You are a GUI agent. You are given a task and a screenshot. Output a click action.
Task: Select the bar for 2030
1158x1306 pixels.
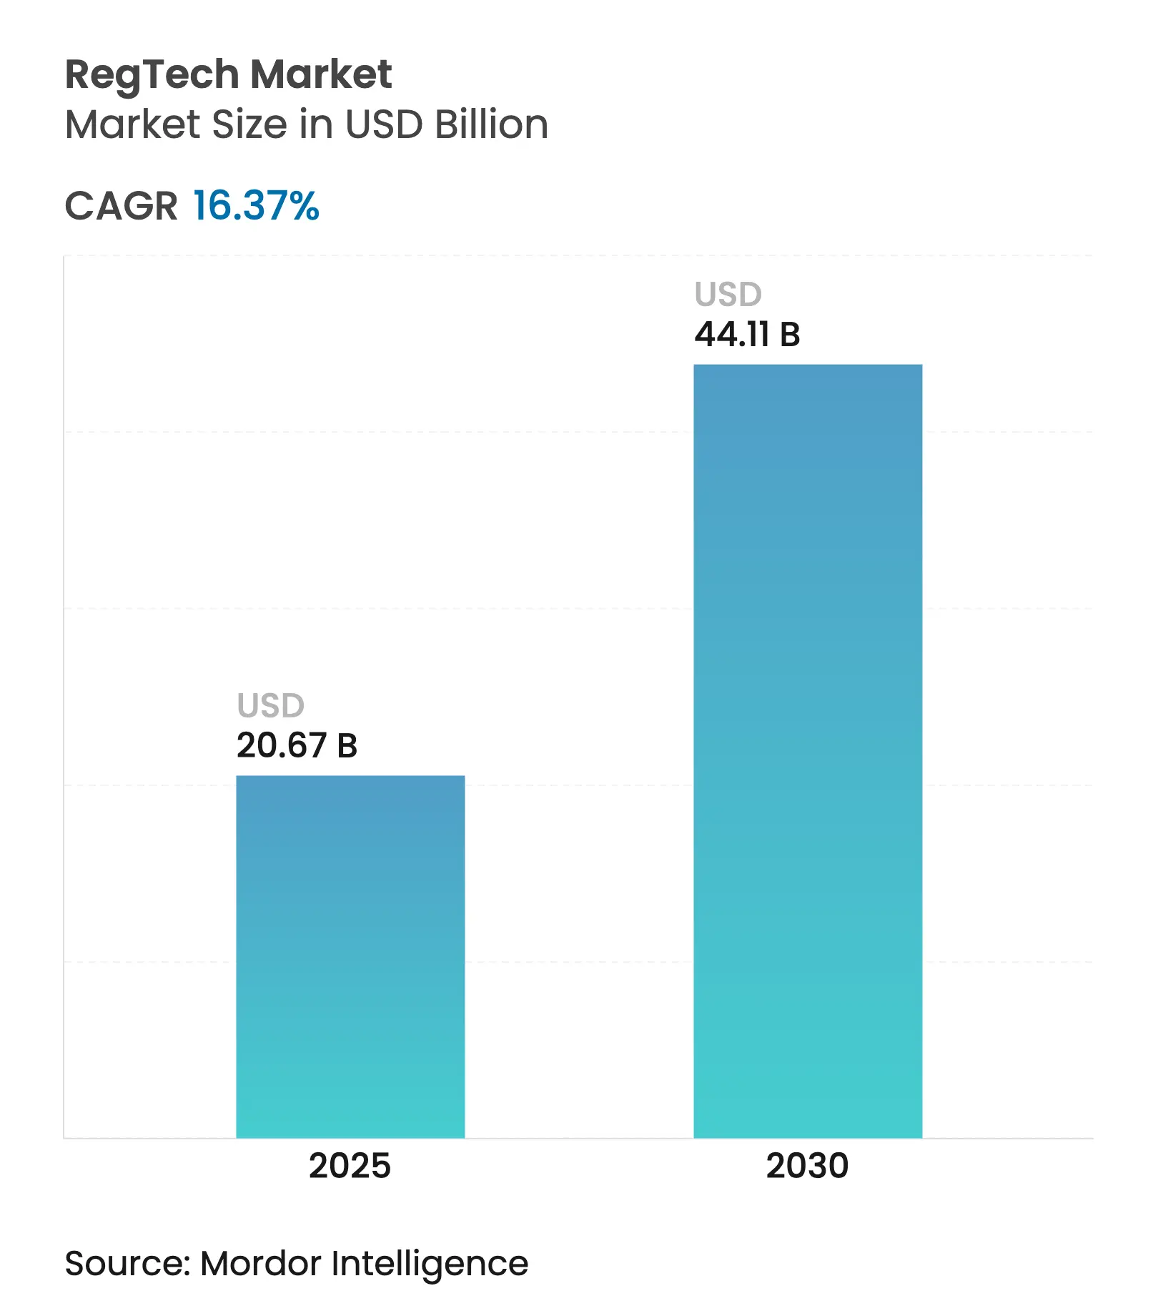[808, 751]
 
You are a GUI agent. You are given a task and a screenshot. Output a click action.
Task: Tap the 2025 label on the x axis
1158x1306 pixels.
[350, 1167]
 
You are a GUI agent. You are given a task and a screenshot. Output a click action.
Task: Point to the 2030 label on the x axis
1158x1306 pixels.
[807, 1167]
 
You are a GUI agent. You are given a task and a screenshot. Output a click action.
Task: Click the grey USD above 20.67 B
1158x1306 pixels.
[271, 706]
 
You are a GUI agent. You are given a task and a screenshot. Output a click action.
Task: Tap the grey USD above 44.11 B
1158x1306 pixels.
[728, 295]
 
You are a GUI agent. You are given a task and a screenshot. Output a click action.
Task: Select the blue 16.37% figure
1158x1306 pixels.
[256, 206]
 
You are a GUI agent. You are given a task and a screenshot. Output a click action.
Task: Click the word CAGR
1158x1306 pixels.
[121, 207]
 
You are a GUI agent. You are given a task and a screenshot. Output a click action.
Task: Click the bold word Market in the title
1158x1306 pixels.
[321, 74]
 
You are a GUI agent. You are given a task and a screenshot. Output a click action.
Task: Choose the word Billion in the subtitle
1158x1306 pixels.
[491, 124]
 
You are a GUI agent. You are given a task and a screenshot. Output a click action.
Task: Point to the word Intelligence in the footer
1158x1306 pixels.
[430, 1265]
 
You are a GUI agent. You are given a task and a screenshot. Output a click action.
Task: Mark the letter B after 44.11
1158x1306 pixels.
[790, 335]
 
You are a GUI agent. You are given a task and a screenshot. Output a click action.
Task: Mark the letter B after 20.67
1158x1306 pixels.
[347, 746]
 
